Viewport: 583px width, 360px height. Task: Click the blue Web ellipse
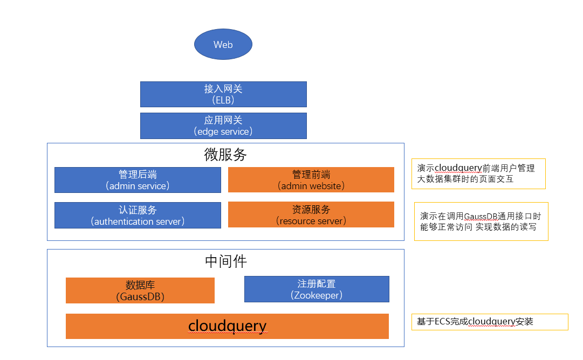tap(223, 44)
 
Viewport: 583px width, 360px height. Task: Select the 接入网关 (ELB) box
tap(223, 94)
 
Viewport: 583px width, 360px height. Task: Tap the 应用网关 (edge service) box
tap(223, 126)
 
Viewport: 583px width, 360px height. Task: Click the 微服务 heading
tap(225, 155)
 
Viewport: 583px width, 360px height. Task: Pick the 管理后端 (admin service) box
tap(138, 180)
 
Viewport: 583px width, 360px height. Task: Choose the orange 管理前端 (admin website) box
tap(311, 180)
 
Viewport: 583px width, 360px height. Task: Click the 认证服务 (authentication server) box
tap(138, 215)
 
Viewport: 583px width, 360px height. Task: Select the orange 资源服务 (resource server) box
tap(311, 214)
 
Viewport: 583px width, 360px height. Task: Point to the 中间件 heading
tap(225, 261)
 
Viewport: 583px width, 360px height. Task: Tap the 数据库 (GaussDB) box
tap(140, 290)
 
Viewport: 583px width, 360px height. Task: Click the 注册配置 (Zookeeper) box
tap(317, 289)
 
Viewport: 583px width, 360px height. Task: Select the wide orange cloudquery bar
tap(227, 326)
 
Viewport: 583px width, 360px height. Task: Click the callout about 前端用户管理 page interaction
tap(478, 174)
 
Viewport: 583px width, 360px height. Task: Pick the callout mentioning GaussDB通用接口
tap(481, 221)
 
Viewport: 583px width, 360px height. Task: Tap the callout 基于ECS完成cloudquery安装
tap(490, 322)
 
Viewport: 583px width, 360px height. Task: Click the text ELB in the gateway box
tap(223, 100)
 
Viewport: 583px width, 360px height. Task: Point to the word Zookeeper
tap(317, 295)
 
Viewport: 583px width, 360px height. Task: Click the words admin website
tap(311, 186)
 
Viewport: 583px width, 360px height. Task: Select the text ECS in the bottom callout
tap(442, 321)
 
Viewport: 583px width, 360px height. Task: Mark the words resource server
tap(311, 221)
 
